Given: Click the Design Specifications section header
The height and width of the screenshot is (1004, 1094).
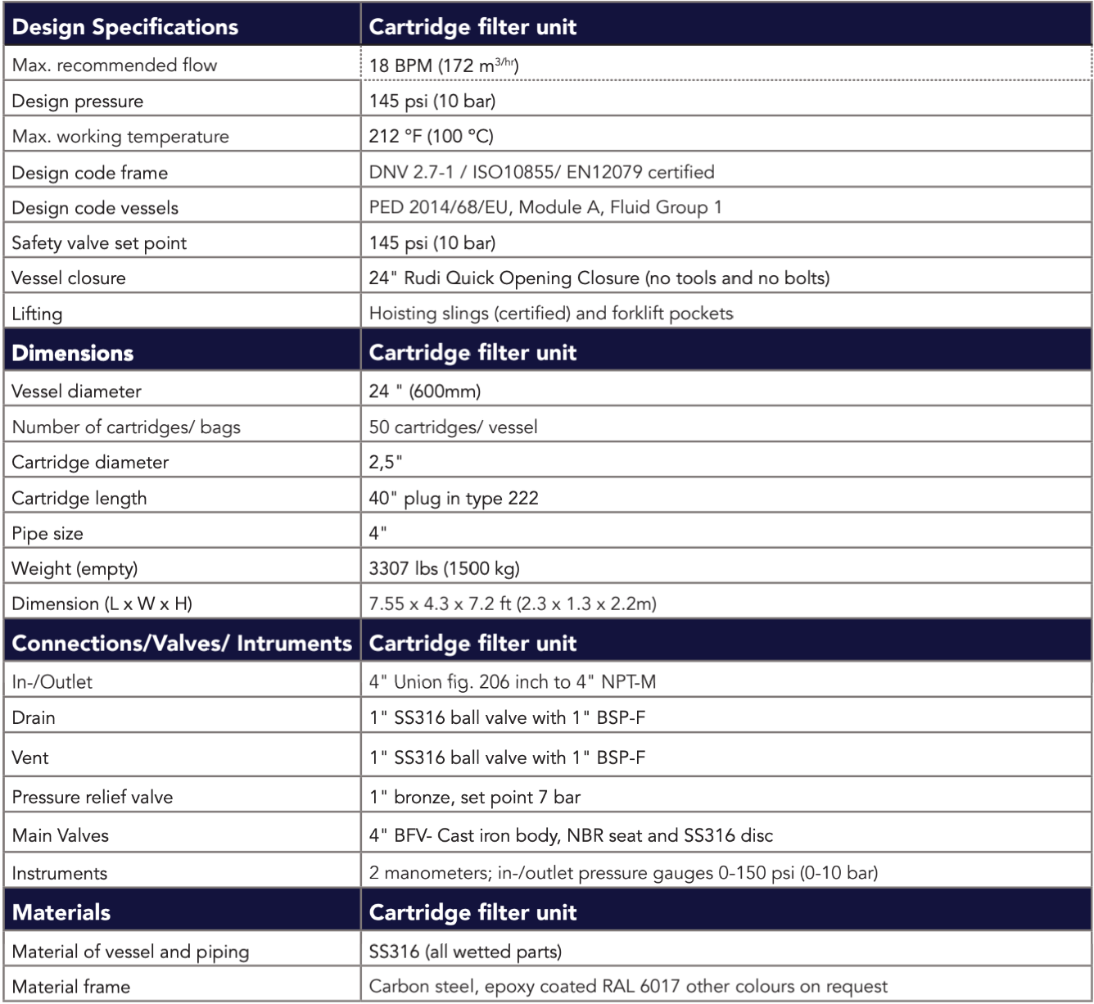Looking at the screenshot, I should pos(124,27).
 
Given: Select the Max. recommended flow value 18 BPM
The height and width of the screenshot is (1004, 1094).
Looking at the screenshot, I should pos(443,66).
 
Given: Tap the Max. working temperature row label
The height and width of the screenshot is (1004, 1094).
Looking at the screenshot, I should pos(120,137).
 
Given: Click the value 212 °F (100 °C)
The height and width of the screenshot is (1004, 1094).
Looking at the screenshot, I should pos(431,136).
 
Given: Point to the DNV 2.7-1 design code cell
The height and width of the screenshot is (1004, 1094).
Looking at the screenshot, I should pos(541,172).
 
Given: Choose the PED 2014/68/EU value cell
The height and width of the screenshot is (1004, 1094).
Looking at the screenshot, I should pos(545,207).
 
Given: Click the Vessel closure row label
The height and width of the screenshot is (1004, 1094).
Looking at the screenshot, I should pos(69,278).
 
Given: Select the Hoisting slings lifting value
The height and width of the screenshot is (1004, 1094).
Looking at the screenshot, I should pos(550,314).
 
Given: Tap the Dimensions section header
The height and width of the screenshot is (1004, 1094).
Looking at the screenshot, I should pos(72,353).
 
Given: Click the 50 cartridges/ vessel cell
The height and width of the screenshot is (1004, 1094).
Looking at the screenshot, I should pos(453,427).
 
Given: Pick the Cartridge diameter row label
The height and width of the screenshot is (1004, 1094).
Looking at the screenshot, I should pos(90,463).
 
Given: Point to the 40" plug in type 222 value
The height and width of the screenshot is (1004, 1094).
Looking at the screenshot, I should pos(454,498).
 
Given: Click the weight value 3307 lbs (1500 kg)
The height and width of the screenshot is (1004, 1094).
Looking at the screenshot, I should pos(444,568).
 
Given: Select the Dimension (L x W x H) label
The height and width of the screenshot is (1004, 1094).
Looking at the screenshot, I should pos(102,604).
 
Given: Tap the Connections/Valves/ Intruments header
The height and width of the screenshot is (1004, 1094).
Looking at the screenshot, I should pos(181,644).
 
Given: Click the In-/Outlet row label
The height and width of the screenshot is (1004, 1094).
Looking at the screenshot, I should pos(52,682).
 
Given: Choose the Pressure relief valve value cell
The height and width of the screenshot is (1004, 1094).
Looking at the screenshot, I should pos(474,797).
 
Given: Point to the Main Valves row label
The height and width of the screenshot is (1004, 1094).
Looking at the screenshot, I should pos(60,835).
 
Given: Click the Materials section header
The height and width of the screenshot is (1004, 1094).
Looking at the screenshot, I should pos(61,912).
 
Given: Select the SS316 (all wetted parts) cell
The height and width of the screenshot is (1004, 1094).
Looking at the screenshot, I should pos(465,952).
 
